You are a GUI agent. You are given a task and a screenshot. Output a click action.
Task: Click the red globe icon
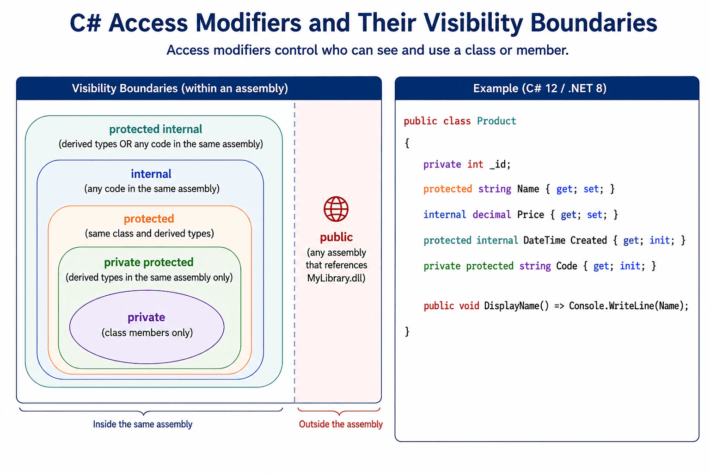[336, 209]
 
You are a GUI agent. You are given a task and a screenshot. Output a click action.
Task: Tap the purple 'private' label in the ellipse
[147, 317]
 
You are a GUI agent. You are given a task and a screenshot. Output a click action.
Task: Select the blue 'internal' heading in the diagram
[151, 174]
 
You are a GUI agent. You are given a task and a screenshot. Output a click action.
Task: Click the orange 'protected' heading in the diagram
[149, 219]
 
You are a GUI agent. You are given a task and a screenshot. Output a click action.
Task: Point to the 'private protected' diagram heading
[149, 262]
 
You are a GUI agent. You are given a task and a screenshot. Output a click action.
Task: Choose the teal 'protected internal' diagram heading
[156, 129]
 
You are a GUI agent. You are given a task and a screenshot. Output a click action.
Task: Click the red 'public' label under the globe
[337, 237]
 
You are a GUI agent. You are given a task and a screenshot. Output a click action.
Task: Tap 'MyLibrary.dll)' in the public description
[337, 278]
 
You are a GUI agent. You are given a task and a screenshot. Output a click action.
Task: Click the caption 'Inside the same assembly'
[143, 424]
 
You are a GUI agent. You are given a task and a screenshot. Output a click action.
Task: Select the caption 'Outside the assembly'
[341, 424]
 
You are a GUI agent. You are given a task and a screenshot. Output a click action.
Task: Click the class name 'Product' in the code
[496, 121]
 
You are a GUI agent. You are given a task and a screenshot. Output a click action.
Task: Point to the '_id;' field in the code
[500, 164]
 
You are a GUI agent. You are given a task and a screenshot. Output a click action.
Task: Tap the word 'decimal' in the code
[492, 215]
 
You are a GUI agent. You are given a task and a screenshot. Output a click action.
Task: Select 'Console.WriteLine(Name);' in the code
[629, 306]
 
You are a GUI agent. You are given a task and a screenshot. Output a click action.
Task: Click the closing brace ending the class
[407, 331]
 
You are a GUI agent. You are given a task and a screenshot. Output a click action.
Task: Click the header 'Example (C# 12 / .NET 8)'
[540, 88]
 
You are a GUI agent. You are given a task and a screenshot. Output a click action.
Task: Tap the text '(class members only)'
[147, 333]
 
